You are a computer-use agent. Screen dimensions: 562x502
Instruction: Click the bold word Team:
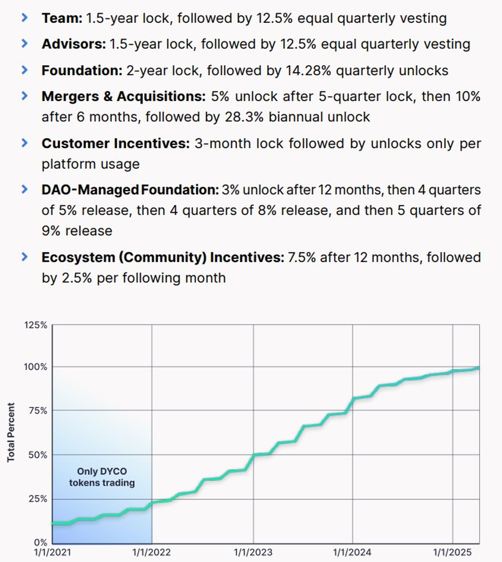pyautogui.click(x=62, y=18)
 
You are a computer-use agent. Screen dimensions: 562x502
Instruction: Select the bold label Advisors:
pyautogui.click(x=74, y=44)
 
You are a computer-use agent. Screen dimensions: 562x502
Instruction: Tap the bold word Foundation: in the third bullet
pyautogui.click(x=82, y=71)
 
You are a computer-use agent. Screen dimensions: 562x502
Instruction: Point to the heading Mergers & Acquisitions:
pyautogui.click(x=123, y=97)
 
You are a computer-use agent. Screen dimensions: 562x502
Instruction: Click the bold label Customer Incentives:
pyautogui.click(x=116, y=144)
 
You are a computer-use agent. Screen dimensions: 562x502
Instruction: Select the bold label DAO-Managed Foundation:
pyautogui.click(x=130, y=190)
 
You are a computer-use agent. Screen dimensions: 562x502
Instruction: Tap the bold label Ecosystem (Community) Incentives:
pyautogui.click(x=163, y=257)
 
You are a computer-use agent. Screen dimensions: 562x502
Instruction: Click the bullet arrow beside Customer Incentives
pyautogui.click(x=25, y=143)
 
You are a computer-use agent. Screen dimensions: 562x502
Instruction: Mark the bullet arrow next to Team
pyautogui.click(x=25, y=18)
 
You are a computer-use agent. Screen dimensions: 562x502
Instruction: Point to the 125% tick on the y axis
pyautogui.click(x=36, y=325)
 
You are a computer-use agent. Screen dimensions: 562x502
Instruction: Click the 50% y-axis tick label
pyautogui.click(x=38, y=455)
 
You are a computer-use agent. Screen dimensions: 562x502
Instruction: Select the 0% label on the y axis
pyautogui.click(x=40, y=543)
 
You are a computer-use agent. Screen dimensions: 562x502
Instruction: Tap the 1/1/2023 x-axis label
pyautogui.click(x=253, y=552)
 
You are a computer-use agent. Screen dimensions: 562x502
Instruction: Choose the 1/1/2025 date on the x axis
pyautogui.click(x=452, y=552)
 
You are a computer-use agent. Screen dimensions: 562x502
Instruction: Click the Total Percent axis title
pyautogui.click(x=11, y=433)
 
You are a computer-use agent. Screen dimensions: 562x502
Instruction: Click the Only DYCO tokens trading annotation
pyautogui.click(x=102, y=477)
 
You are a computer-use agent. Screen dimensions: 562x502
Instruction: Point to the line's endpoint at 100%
pyautogui.click(x=478, y=368)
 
